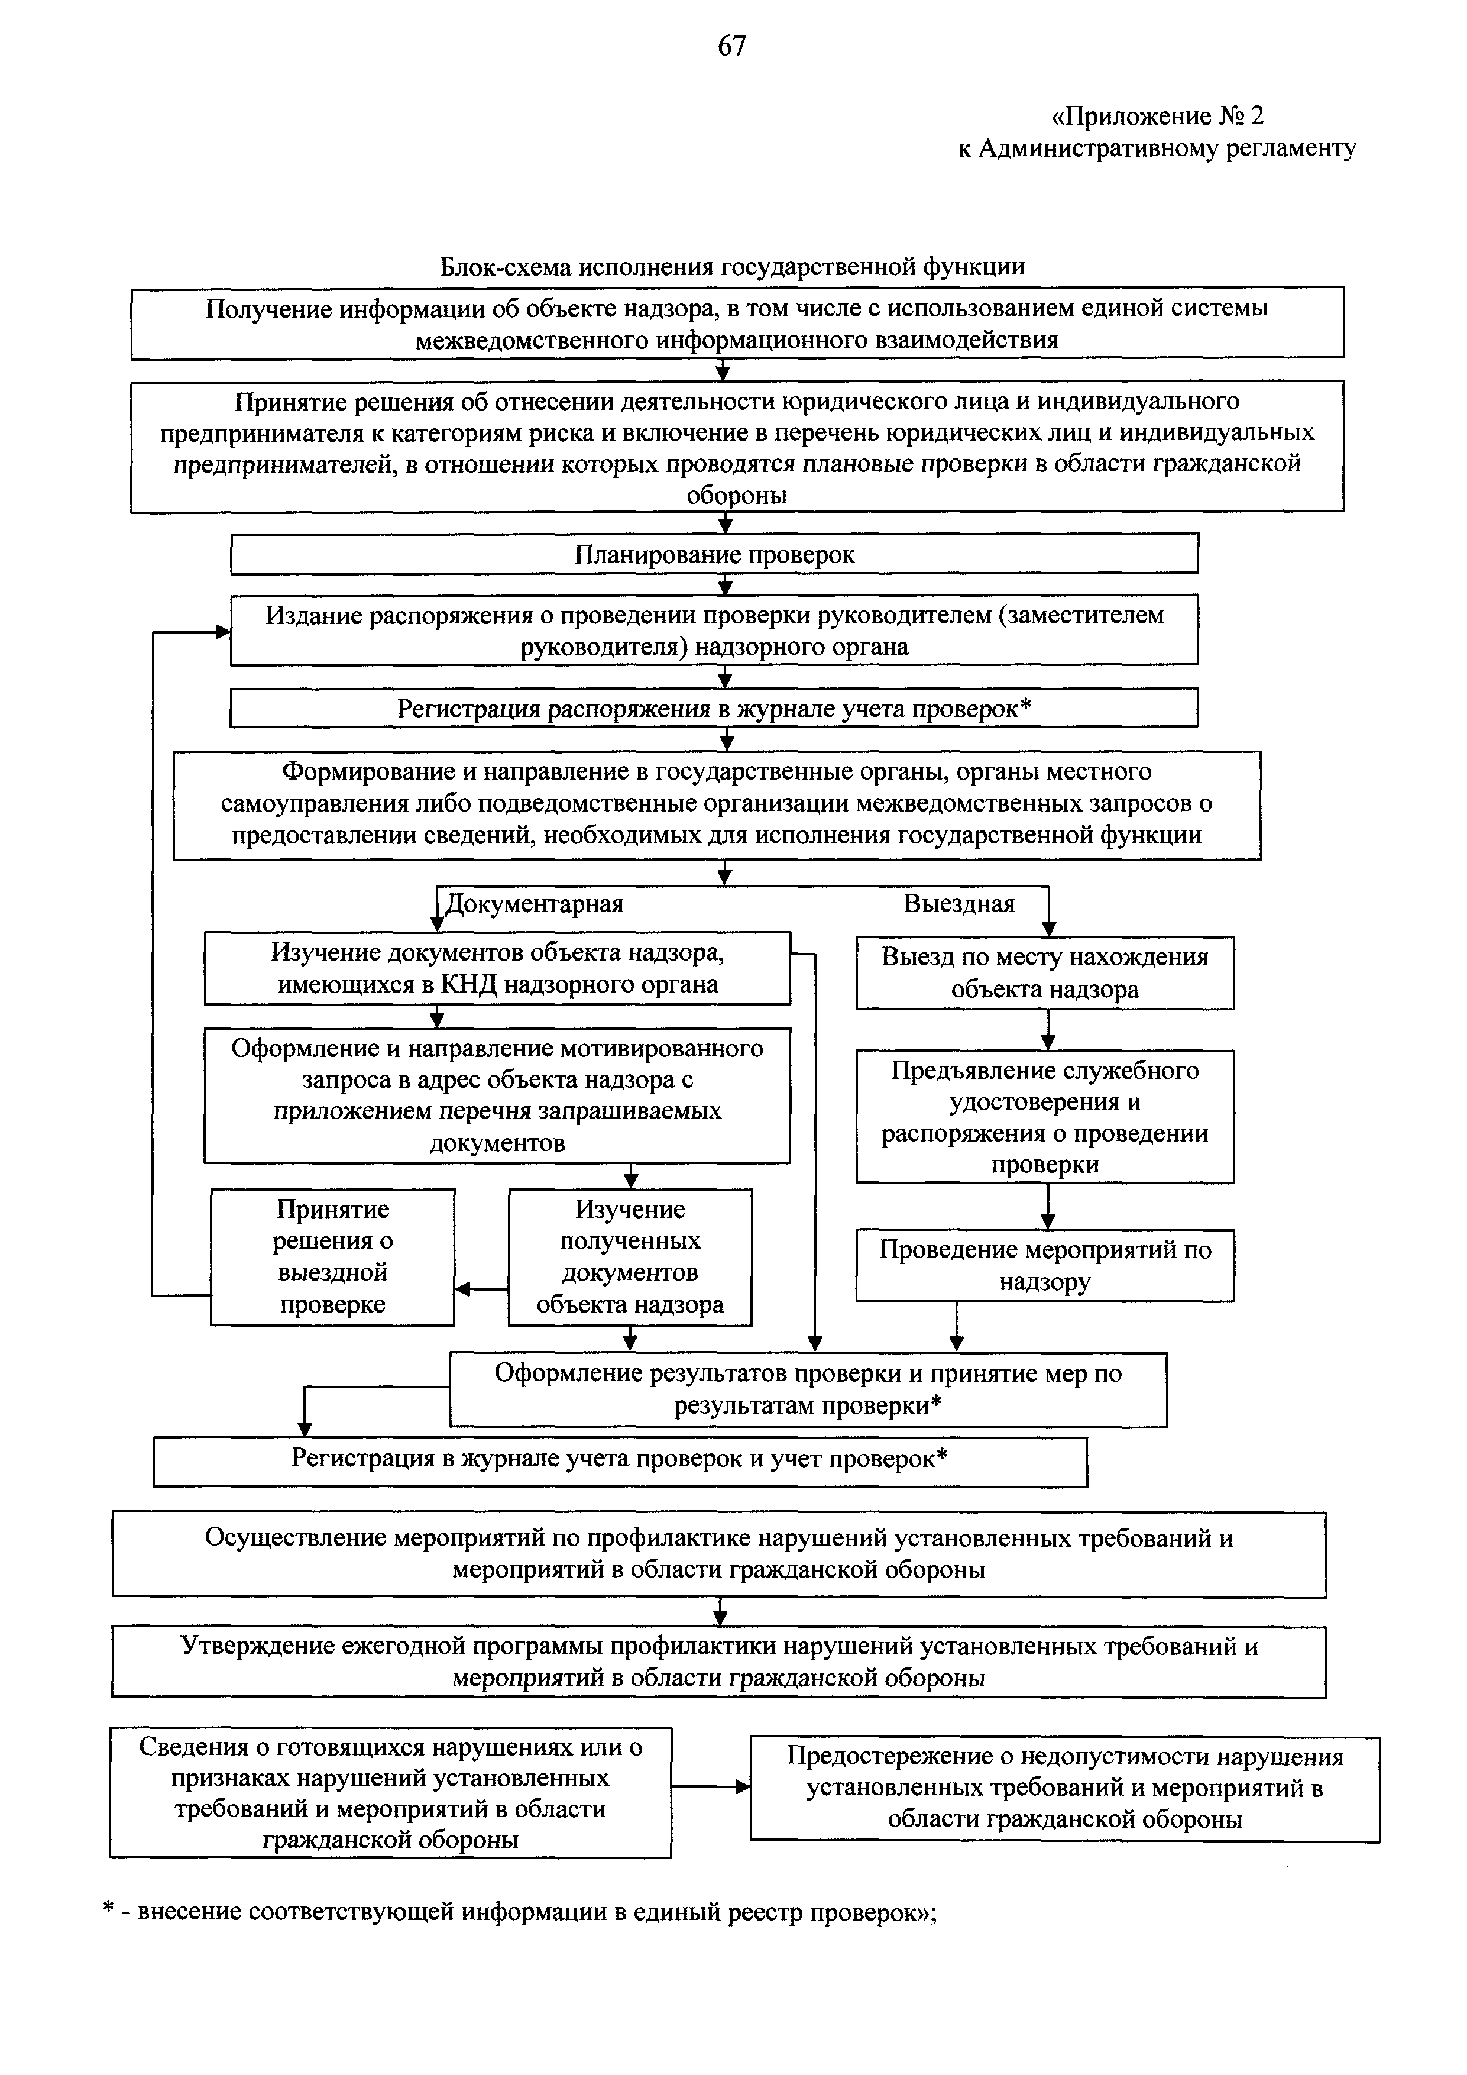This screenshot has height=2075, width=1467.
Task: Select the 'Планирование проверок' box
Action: tap(714, 554)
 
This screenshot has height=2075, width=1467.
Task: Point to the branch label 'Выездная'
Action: tap(958, 904)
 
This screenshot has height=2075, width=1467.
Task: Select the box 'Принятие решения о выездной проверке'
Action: tap(332, 1256)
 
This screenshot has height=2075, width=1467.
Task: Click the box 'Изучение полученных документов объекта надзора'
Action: tap(630, 1256)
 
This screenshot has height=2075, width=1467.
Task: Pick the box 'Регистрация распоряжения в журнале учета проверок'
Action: tap(714, 709)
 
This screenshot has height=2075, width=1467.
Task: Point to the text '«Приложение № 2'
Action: tap(1158, 117)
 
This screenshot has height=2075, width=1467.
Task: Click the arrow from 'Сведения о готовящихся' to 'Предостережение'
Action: tap(710, 1787)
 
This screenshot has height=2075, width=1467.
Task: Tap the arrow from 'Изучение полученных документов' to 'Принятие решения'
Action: tap(481, 1289)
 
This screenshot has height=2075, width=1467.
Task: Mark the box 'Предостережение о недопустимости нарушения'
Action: tap(1064, 1788)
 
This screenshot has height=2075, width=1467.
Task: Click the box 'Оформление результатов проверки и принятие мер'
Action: tap(808, 1389)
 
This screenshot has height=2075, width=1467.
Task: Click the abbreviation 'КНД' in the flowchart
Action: tap(469, 984)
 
